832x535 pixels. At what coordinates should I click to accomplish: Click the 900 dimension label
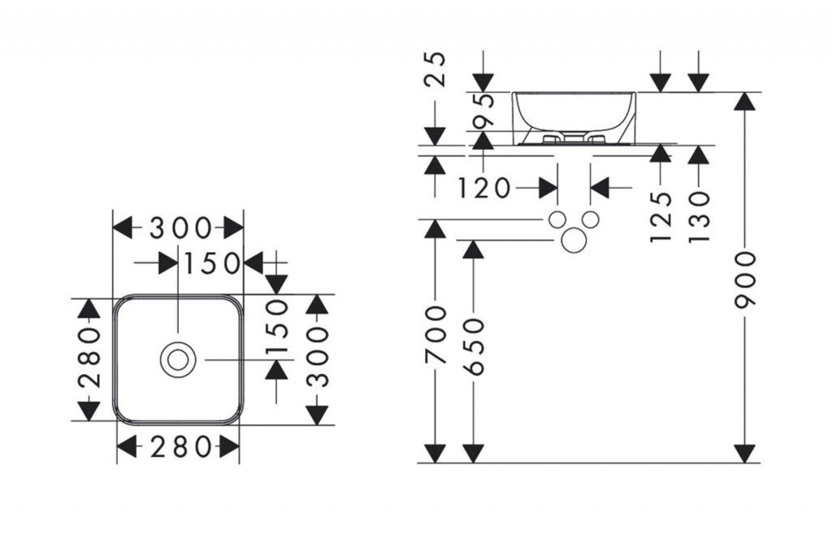tap(744, 279)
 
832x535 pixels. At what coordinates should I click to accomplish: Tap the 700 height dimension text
tap(436, 336)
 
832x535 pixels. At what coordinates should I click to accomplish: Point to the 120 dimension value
tap(484, 189)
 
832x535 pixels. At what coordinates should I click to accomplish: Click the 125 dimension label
tap(661, 216)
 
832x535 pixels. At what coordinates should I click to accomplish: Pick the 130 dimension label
tap(698, 216)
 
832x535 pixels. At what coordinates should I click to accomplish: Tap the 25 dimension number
tap(436, 70)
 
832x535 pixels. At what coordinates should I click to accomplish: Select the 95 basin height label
tap(483, 111)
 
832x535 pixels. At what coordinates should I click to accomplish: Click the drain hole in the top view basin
tap(177, 359)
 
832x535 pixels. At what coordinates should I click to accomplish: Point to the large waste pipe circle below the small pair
tap(574, 241)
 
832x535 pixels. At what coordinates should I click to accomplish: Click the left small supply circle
tap(557, 220)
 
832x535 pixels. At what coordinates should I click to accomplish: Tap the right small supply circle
tap(591, 220)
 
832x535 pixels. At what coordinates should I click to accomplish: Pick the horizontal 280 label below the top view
tap(179, 446)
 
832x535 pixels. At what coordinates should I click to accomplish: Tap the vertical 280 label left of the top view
tap(89, 358)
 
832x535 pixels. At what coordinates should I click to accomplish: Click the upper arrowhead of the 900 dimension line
tap(744, 101)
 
